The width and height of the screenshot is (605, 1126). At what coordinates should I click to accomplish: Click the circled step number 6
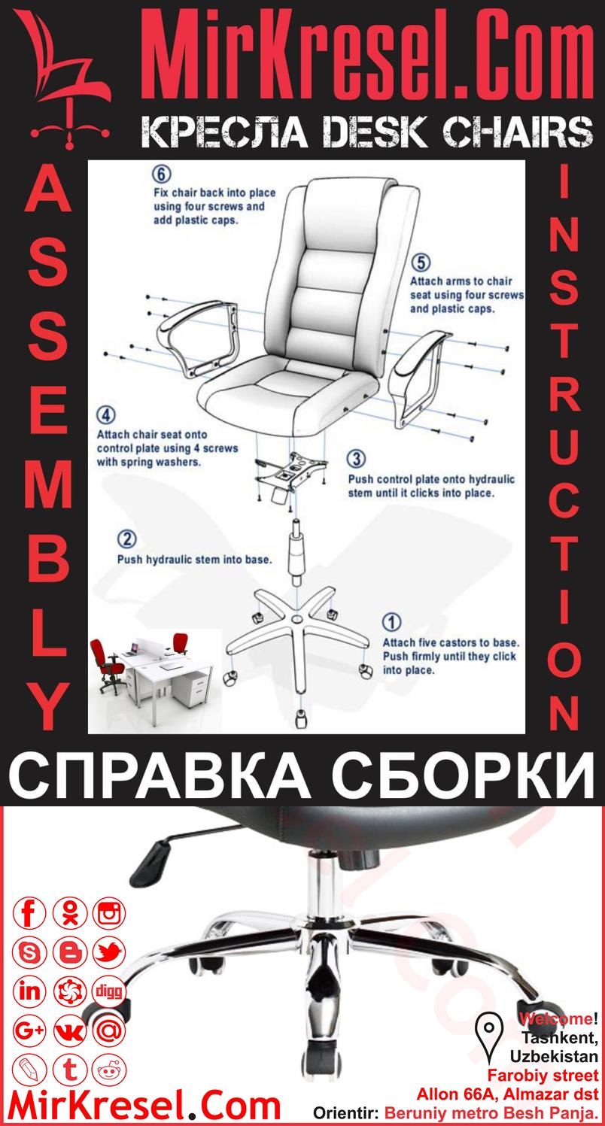coord(160,174)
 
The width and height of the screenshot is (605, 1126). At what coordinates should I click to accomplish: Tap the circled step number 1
coord(391,622)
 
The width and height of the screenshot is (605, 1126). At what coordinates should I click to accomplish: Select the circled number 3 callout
coord(357,458)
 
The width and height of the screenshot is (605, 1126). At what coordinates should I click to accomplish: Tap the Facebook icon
coord(30,914)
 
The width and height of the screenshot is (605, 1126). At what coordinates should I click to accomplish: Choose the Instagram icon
coord(110,914)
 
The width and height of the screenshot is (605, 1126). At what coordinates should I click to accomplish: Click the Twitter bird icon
coord(110,953)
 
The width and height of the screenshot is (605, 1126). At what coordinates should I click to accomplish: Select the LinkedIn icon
coord(30,991)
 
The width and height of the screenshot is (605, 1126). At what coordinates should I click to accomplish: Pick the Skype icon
coord(30,953)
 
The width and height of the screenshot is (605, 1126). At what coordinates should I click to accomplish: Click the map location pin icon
coord(490,1031)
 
